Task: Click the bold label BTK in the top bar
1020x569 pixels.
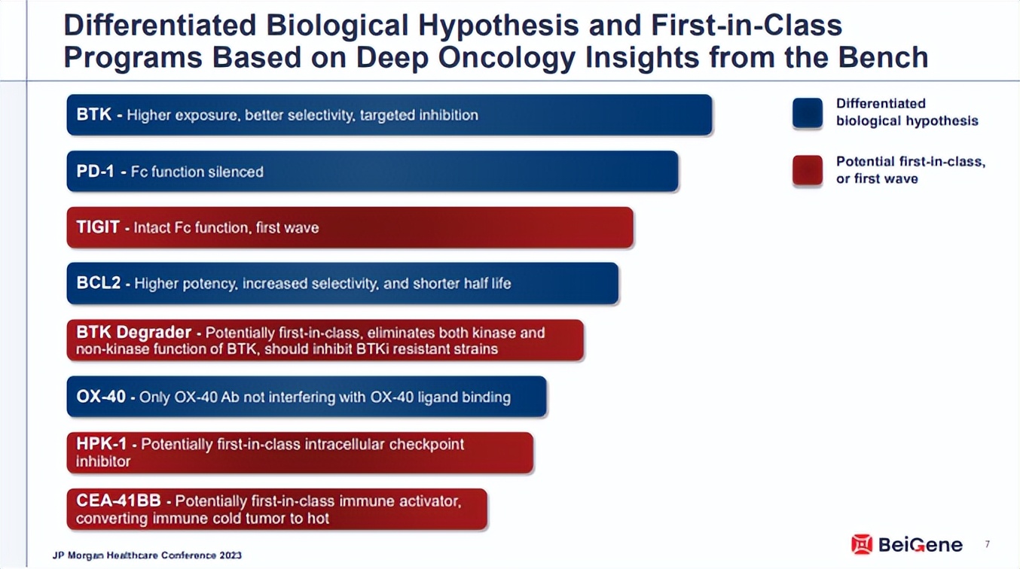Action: click(x=94, y=114)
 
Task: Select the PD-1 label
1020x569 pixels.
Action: click(x=95, y=172)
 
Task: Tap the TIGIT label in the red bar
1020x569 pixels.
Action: click(x=98, y=227)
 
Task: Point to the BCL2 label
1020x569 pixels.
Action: click(x=99, y=283)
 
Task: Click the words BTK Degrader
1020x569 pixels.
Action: click(x=134, y=333)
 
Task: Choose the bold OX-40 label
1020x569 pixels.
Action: click(x=101, y=397)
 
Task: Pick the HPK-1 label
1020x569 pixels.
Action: click(x=102, y=443)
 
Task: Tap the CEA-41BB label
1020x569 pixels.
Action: click(x=118, y=501)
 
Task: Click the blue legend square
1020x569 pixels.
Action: click(x=808, y=113)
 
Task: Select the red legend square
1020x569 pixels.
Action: click(x=808, y=171)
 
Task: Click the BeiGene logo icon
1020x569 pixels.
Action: click(x=862, y=544)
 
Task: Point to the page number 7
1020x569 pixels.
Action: click(x=987, y=544)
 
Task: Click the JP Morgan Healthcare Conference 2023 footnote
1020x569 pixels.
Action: click(x=147, y=555)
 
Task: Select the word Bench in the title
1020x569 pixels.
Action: click(x=884, y=57)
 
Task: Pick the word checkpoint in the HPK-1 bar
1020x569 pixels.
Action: click(x=426, y=445)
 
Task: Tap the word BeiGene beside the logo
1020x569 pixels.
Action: click(x=921, y=544)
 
